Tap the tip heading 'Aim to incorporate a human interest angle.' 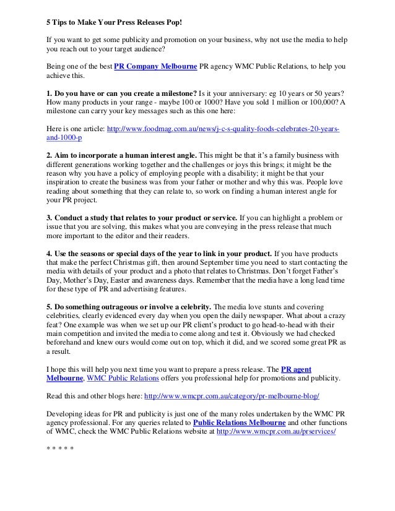[121, 155]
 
